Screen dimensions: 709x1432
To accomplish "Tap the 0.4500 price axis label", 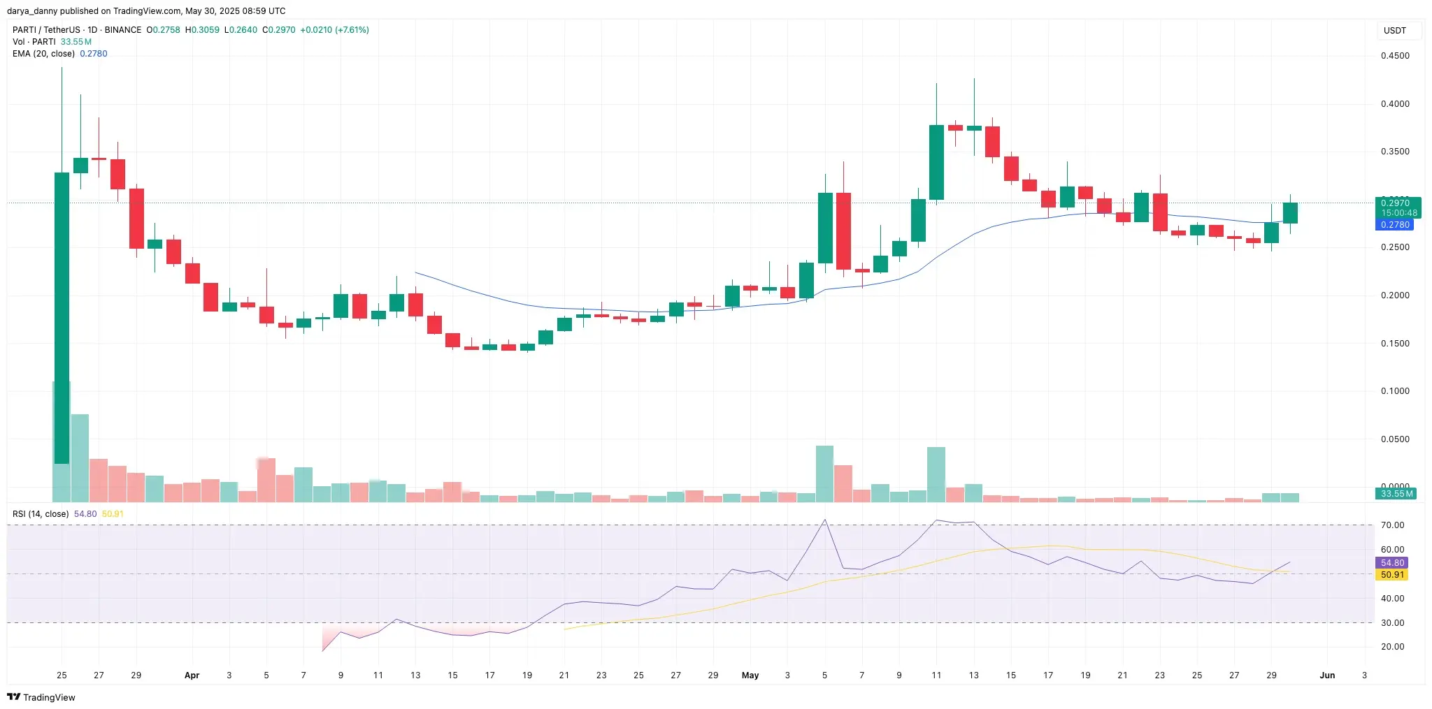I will click(x=1395, y=56).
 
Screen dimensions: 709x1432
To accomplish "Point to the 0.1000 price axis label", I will click(x=1395, y=391).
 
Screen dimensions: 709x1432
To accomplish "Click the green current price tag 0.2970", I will click(x=1395, y=203).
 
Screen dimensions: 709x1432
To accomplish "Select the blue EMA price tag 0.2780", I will click(x=1395, y=225).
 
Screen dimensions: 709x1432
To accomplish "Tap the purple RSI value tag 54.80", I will click(x=1392, y=563).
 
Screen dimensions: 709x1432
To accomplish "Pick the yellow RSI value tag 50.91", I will click(x=1392, y=575).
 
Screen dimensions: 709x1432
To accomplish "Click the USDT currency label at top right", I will click(x=1394, y=31).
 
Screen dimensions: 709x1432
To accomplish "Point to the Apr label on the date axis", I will click(x=192, y=675).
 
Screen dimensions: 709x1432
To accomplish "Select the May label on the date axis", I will click(x=750, y=675).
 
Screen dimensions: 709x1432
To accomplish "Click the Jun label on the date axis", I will click(x=1327, y=675).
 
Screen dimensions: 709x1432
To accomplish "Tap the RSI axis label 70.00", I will click(x=1392, y=525).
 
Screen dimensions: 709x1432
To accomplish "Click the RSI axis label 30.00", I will click(x=1392, y=623).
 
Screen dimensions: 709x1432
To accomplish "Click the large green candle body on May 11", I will click(x=936, y=162).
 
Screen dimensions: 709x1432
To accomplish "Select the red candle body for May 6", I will click(x=843, y=231).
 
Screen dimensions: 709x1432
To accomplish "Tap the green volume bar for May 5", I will click(x=824, y=474).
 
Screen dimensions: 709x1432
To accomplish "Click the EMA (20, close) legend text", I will click(x=43, y=54).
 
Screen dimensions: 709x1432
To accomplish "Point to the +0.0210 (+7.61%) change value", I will click(x=334, y=30).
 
